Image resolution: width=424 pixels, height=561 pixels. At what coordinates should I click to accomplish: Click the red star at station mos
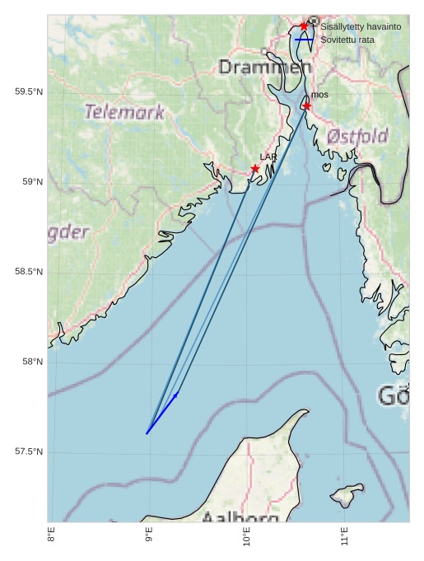tap(306, 106)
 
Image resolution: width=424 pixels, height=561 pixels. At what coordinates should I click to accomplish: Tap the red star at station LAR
tap(255, 169)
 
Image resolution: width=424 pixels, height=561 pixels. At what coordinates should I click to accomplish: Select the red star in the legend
tap(304, 26)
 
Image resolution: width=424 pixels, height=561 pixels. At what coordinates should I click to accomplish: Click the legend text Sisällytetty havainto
tap(361, 27)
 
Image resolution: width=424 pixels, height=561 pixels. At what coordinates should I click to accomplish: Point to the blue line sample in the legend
tap(305, 40)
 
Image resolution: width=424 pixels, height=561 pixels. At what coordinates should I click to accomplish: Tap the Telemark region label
tap(124, 112)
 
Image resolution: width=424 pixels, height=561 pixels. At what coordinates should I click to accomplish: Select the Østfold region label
tap(357, 136)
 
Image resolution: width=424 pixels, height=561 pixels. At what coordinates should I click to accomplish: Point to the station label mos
tap(319, 96)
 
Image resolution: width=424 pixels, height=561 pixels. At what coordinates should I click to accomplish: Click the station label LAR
tap(268, 157)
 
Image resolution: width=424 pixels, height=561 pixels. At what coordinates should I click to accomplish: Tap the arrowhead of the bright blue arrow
tap(176, 395)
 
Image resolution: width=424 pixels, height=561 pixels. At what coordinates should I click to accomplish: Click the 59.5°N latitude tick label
tap(29, 92)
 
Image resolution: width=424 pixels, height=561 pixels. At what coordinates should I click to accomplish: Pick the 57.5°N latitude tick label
tap(29, 451)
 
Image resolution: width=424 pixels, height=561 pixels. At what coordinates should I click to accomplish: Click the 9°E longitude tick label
tap(149, 538)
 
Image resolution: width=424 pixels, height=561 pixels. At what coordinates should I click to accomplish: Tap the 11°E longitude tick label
tap(344, 538)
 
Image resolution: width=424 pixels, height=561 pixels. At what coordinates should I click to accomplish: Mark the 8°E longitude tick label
tap(51, 538)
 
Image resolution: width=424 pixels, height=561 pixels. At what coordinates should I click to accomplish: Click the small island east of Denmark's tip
tap(346, 495)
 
